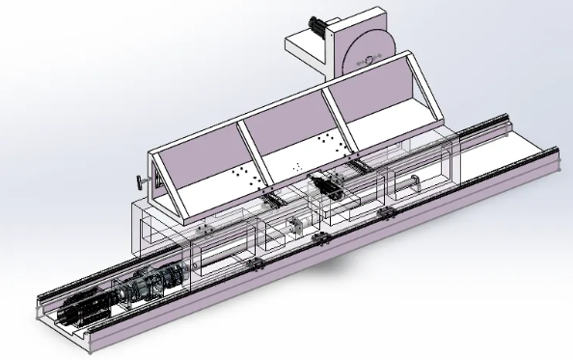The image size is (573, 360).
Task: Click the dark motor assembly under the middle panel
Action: pyautogui.click(x=326, y=185)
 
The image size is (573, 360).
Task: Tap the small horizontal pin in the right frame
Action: pyautogui.click(x=412, y=180)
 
